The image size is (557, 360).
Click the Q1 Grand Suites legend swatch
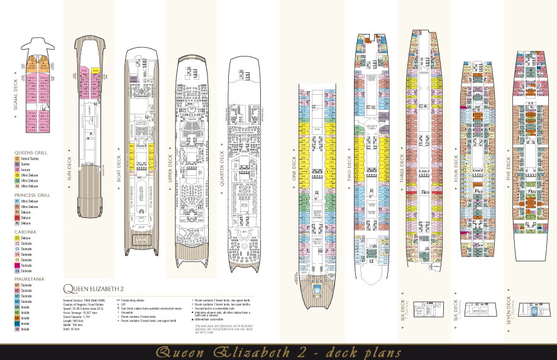tap(17, 158)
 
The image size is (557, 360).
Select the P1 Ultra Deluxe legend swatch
tap(17, 200)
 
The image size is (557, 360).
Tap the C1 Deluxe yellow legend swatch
tap(17, 238)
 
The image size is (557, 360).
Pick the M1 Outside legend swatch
tap(17, 285)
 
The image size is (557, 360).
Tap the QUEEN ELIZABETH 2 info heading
tap(94, 288)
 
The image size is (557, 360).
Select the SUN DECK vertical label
tap(69, 168)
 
